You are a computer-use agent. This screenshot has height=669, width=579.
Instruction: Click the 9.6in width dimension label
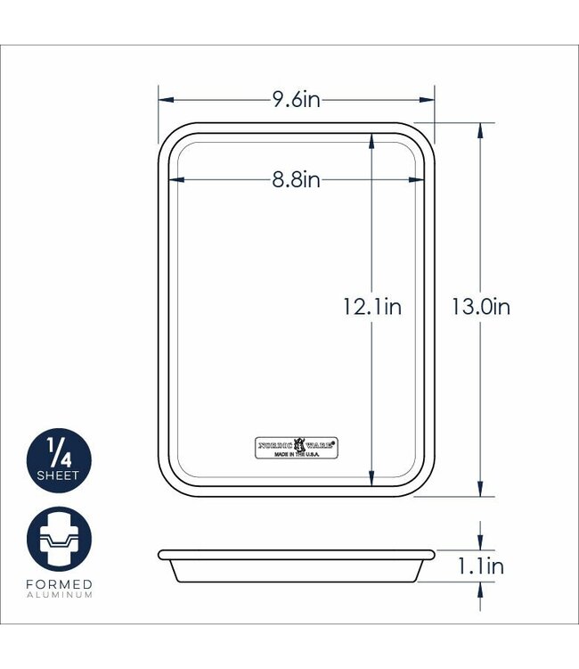296,100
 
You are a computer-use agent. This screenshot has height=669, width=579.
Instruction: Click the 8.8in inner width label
296,180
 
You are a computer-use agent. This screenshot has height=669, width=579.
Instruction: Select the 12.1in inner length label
372,308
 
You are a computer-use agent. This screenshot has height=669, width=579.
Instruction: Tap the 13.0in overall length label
480,308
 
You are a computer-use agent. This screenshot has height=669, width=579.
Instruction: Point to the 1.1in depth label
481,566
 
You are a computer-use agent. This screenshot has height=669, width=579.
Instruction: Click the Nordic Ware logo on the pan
299,443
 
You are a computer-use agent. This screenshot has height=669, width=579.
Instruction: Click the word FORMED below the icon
59,584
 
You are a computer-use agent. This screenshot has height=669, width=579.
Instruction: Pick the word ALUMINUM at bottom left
59,595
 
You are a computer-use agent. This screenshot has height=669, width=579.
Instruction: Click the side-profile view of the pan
297,566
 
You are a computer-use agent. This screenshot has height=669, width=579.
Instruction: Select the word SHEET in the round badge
59,475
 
